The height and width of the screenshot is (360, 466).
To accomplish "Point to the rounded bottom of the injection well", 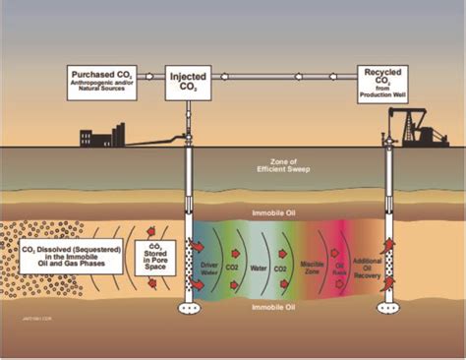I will click(x=187, y=306).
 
